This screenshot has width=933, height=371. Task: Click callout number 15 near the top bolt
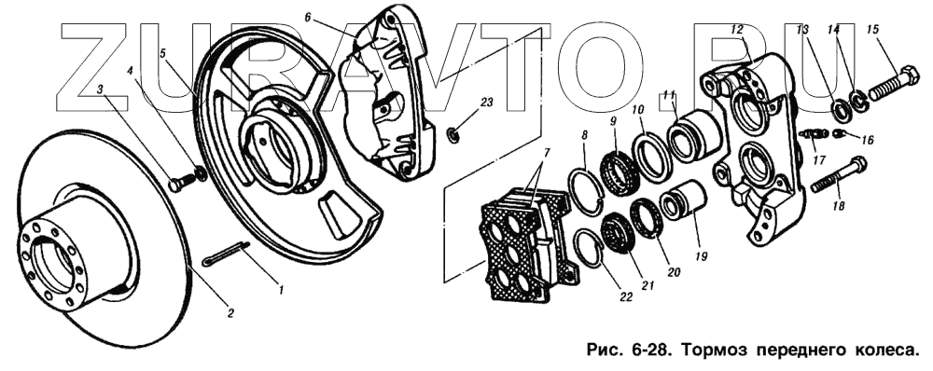point(872,29)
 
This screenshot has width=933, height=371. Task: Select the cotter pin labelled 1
point(226,254)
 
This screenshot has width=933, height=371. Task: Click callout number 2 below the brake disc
point(230,313)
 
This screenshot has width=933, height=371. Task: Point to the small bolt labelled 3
point(182,181)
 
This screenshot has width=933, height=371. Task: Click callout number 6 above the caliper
point(307,17)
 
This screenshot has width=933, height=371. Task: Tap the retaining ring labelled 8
point(585,190)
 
